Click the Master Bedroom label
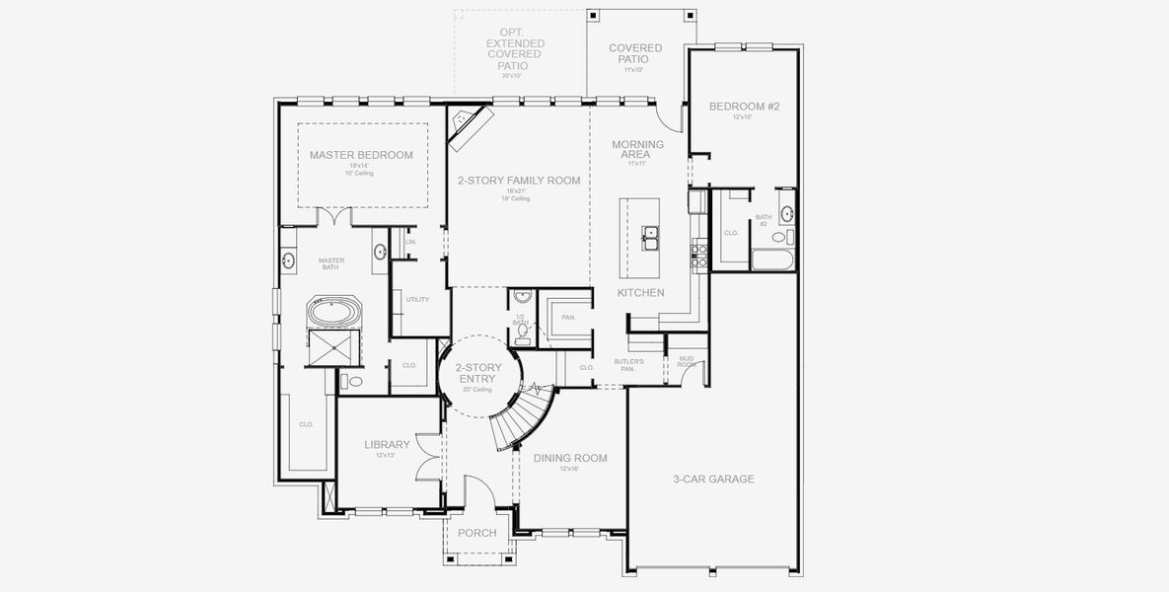(361, 155)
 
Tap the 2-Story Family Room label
(518, 181)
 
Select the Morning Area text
(637, 149)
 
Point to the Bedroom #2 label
(743, 106)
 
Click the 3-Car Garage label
(713, 479)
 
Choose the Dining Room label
(570, 458)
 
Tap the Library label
(386, 445)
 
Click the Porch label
(478, 533)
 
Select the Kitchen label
(640, 293)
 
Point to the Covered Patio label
(635, 53)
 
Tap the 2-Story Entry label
(477, 373)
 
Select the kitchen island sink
(650, 236)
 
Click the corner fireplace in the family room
(469, 126)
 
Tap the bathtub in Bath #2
(774, 260)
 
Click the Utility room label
(417, 299)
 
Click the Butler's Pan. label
(628, 365)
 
